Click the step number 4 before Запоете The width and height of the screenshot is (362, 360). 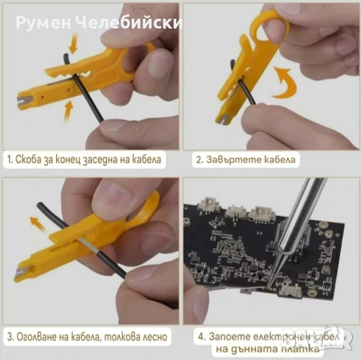pos(198,335)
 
